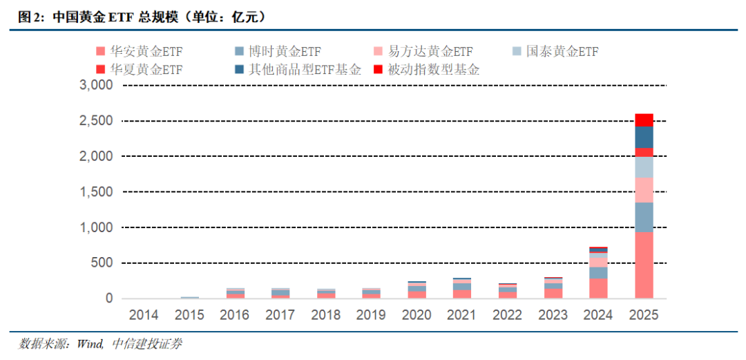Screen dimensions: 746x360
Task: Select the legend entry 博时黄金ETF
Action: coord(278,51)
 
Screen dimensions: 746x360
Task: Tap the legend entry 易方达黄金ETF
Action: coord(424,51)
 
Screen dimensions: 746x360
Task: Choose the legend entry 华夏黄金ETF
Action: coord(140,70)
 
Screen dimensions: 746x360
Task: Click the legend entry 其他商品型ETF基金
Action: coord(298,70)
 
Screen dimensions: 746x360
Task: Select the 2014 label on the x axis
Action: coord(144,315)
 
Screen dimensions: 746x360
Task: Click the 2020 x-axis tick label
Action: coord(417,315)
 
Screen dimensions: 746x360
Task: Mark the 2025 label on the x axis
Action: coord(644,315)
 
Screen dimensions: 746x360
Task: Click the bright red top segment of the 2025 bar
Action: coord(644,120)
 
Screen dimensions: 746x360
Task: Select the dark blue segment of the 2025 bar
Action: coord(644,137)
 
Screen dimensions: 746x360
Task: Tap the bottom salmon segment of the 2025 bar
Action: coord(644,265)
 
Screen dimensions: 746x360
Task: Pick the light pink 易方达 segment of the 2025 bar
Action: coord(644,190)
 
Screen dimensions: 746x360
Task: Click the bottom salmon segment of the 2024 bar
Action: coord(598,289)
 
